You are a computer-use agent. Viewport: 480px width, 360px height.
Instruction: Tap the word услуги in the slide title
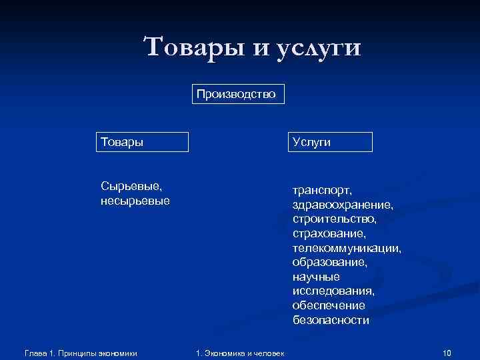click(x=317, y=48)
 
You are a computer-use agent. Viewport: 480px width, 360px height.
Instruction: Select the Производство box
click(x=239, y=94)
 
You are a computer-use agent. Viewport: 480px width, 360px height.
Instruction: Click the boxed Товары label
click(x=141, y=141)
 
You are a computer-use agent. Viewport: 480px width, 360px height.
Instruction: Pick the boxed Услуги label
click(x=329, y=142)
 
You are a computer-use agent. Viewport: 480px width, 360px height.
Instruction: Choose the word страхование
click(x=329, y=233)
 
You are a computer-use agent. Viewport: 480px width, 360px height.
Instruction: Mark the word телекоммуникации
click(x=346, y=248)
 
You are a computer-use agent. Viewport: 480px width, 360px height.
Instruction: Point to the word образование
click(x=329, y=262)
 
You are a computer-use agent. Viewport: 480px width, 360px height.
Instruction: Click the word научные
click(x=315, y=277)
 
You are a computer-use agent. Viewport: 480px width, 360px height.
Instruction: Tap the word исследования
click(x=333, y=291)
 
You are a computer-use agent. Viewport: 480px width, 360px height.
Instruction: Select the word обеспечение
click(x=328, y=305)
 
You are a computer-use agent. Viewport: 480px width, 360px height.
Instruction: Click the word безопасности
click(x=330, y=320)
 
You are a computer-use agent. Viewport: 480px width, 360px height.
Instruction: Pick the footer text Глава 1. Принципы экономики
click(x=80, y=353)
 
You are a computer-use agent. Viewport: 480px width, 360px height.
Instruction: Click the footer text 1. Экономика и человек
click(x=239, y=353)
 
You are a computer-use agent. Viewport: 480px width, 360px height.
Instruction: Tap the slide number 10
click(x=447, y=353)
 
